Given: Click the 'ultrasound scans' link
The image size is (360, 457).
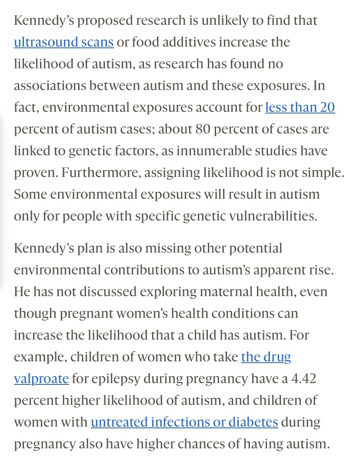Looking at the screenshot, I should [63, 42].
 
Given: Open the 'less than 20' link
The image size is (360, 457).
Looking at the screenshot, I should [300, 107].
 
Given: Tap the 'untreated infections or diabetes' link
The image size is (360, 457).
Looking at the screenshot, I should [184, 422].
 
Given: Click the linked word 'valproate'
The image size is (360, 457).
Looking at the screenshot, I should [41, 379].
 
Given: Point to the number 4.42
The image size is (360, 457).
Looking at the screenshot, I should [303, 379].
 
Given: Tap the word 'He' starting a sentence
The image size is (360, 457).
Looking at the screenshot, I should [22, 291].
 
